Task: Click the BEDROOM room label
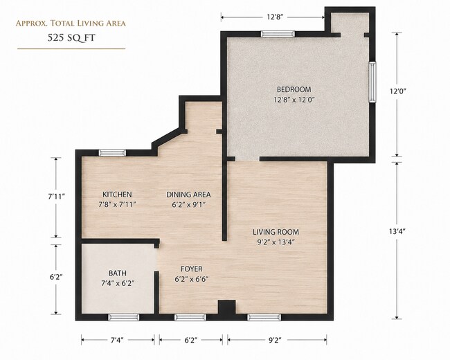tap(294, 89)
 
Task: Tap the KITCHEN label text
tap(118, 195)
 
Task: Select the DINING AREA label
tap(188, 195)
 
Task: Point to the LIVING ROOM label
tap(276, 232)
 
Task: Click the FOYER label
tap(192, 269)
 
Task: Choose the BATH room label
tap(118, 273)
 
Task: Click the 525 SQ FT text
tap(71, 38)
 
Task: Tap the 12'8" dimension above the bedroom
tap(275, 17)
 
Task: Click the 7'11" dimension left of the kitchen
tap(56, 197)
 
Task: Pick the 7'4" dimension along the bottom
tap(117, 341)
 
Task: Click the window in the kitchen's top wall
tap(112, 153)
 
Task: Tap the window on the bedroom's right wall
tap(372, 82)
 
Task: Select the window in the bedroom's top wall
tap(278, 34)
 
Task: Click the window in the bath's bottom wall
tap(124, 317)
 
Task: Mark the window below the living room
tap(264, 317)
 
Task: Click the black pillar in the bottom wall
tap(226, 307)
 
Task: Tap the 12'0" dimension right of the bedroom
tap(397, 91)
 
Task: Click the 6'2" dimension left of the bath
tap(56, 277)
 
